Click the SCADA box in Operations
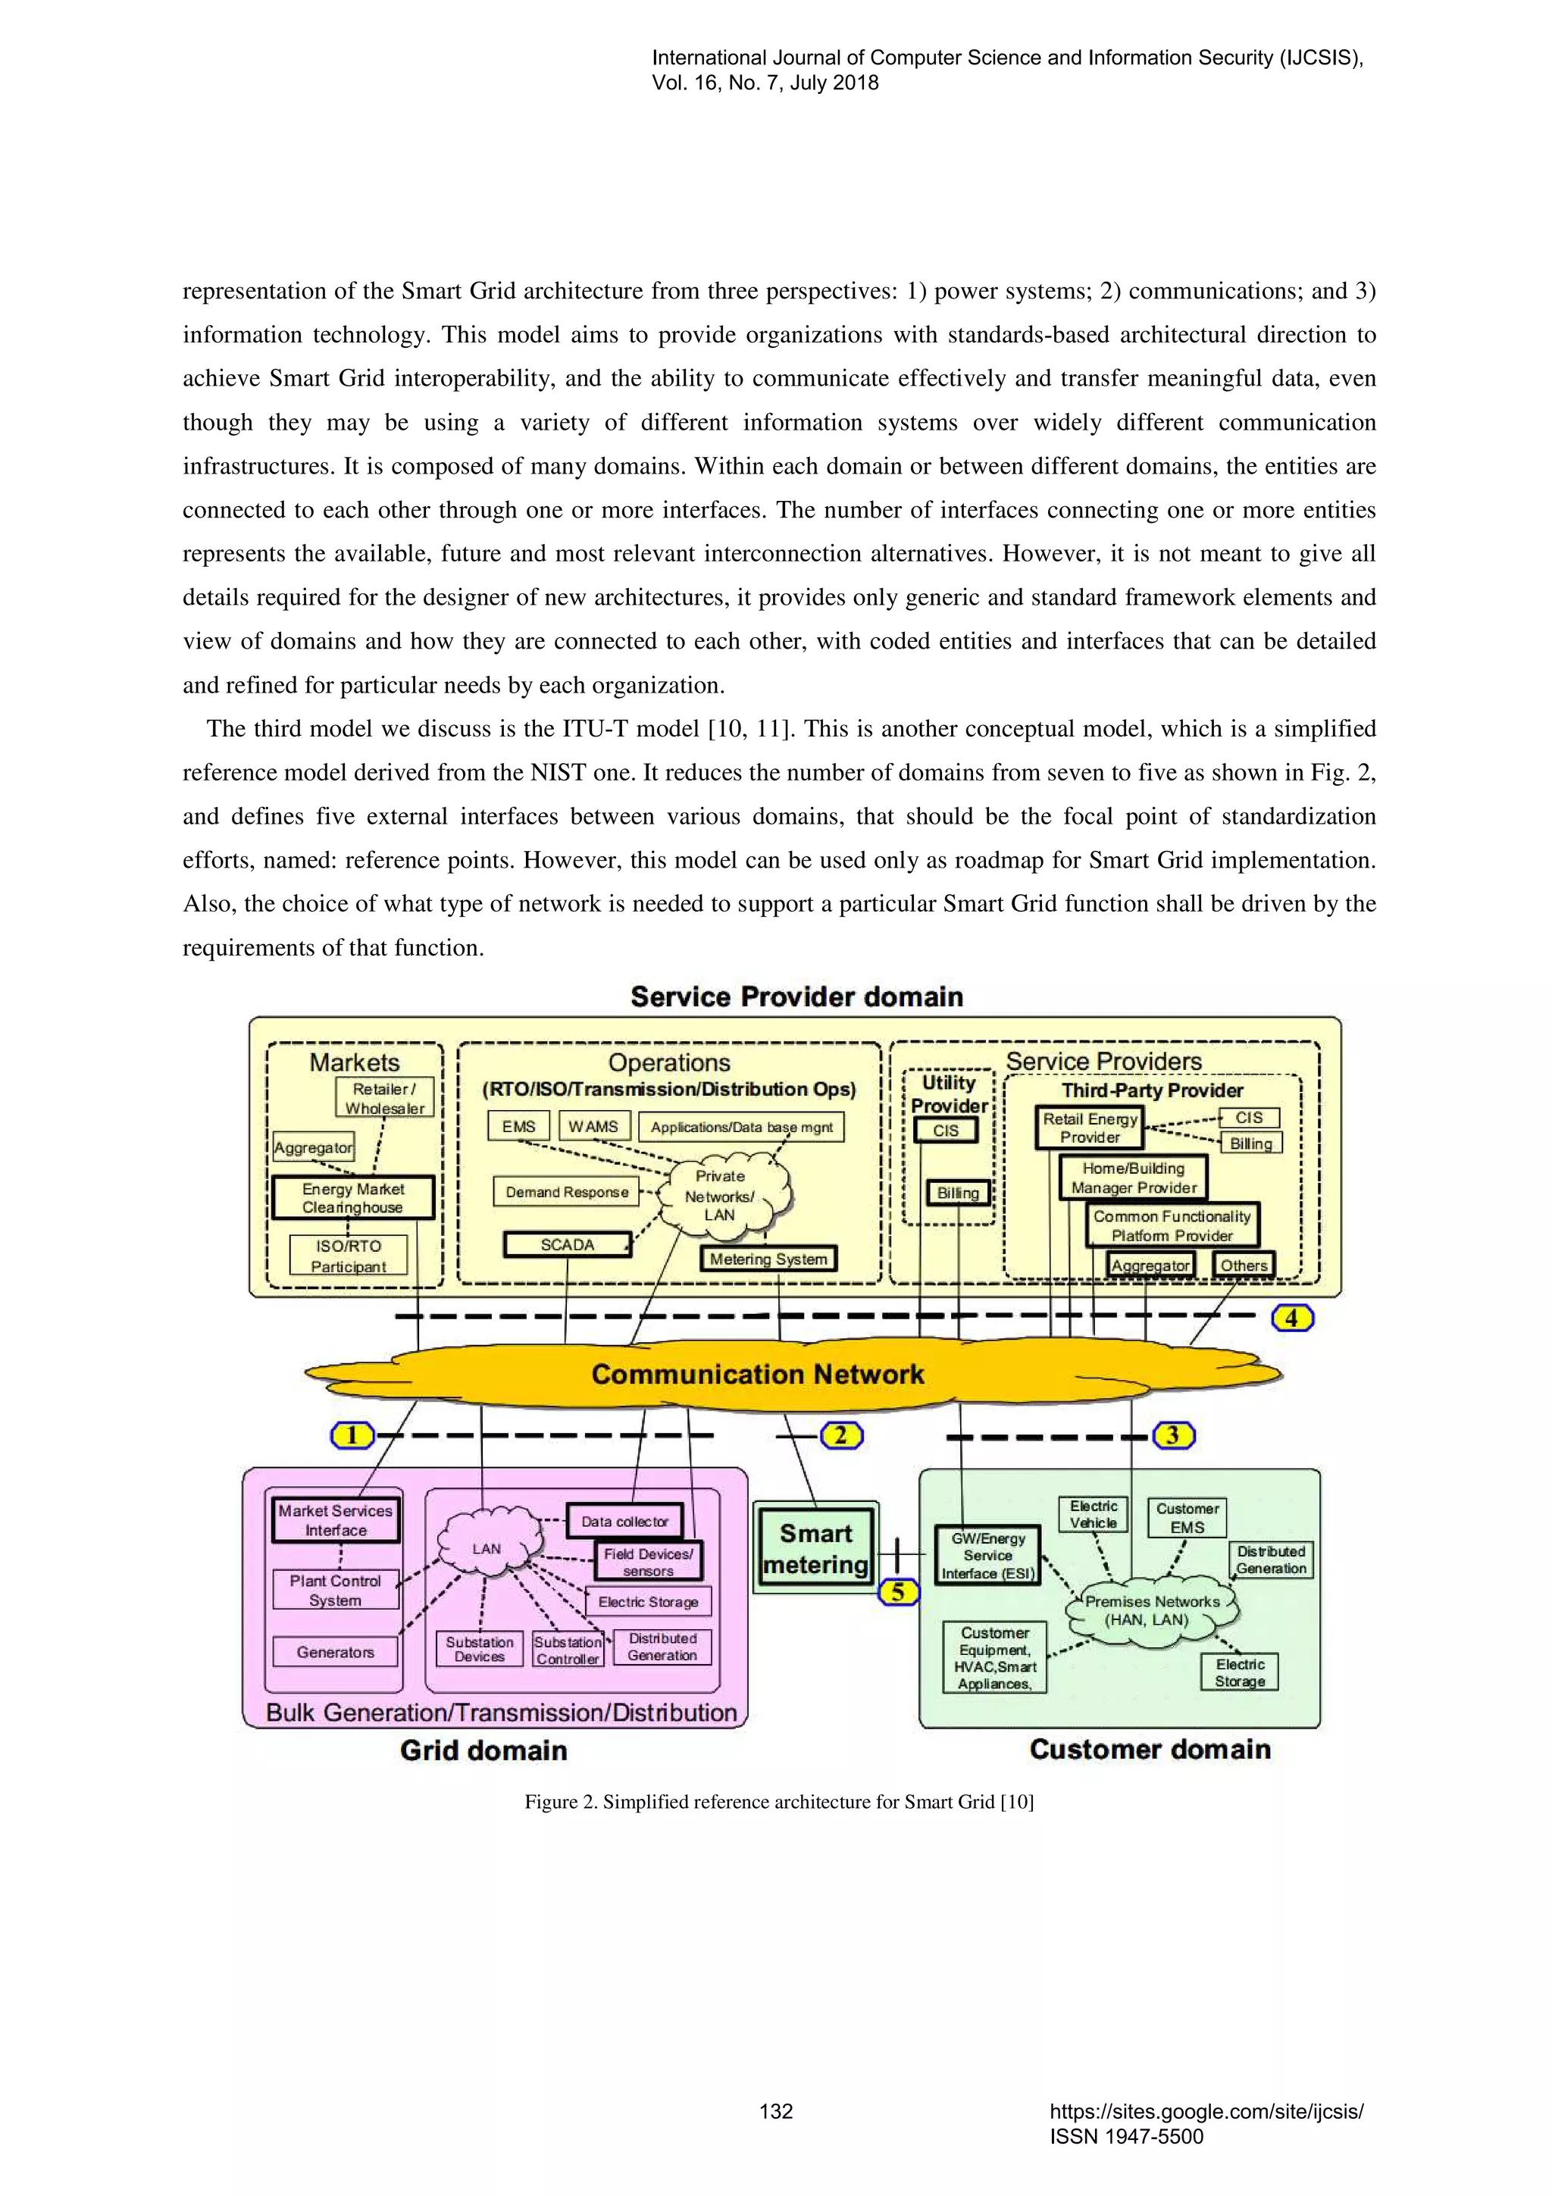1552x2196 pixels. click(567, 1244)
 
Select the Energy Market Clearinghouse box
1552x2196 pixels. click(353, 1197)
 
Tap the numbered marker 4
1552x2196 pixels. click(1292, 1318)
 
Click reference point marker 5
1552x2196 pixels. click(898, 1591)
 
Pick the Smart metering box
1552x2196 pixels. click(815, 1548)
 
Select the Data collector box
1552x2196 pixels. click(624, 1521)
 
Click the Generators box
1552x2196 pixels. click(335, 1652)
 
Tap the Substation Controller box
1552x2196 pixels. click(568, 1650)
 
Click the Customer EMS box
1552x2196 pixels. click(1187, 1518)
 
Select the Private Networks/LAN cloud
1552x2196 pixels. click(720, 1196)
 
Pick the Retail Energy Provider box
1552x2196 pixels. click(1090, 1128)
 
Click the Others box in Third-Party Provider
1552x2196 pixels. click(1243, 1265)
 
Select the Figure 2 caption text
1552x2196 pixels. click(778, 1802)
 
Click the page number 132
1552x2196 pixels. click(775, 2111)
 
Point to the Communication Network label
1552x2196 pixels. click(757, 1375)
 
